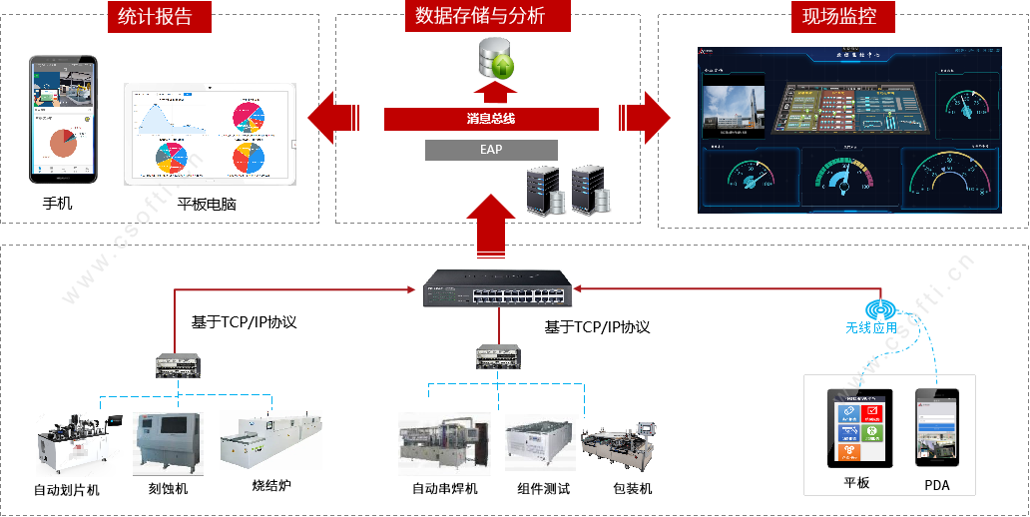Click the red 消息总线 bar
click(x=491, y=119)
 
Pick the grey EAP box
click(x=491, y=150)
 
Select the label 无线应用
click(x=871, y=327)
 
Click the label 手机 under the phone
click(x=57, y=203)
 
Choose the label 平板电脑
click(x=207, y=205)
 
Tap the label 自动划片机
click(x=67, y=490)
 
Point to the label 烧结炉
click(x=270, y=486)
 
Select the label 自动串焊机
click(x=444, y=488)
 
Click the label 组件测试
click(x=544, y=488)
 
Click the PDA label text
click(x=937, y=485)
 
